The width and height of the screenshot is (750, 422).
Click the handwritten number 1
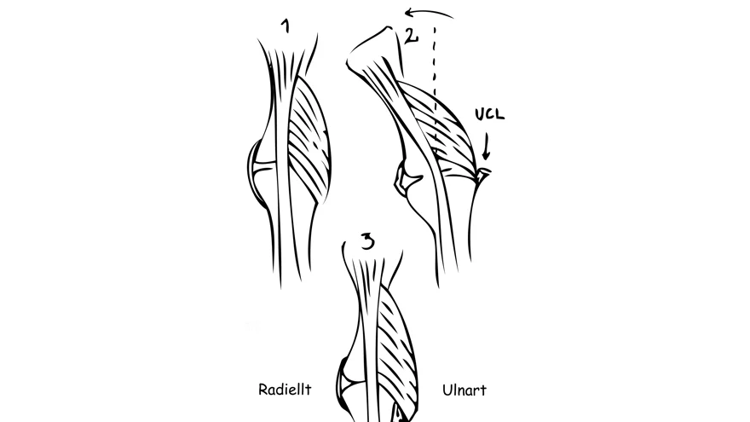(286, 26)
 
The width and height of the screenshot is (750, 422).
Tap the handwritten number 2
(411, 36)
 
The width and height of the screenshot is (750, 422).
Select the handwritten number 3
(367, 241)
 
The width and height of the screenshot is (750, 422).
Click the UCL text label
(489, 114)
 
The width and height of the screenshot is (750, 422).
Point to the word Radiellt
(285, 390)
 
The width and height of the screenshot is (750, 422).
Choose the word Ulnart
(464, 390)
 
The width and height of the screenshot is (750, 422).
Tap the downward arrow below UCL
(486, 147)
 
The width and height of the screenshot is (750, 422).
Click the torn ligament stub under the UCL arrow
(483, 174)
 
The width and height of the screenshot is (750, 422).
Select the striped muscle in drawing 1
(309, 139)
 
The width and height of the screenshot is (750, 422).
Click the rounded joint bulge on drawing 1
(256, 173)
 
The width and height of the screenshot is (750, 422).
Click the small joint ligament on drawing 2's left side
(406, 180)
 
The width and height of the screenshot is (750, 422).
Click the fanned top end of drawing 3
(372, 268)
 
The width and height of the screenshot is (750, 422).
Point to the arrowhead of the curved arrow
(410, 11)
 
